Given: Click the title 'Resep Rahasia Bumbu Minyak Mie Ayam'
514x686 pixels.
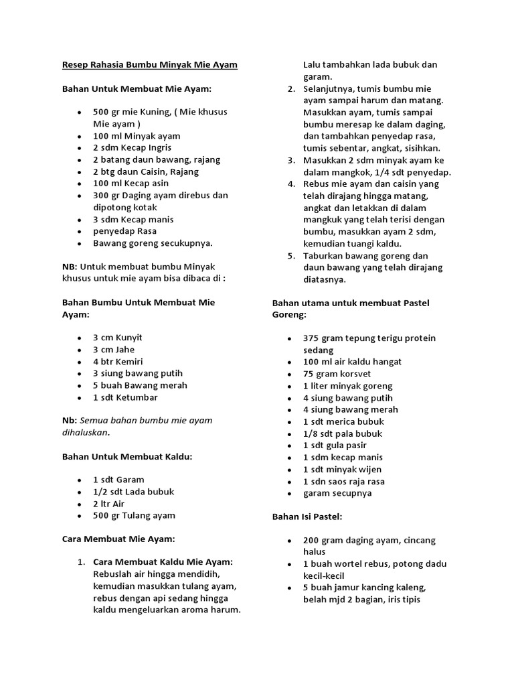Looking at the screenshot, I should tap(150, 65).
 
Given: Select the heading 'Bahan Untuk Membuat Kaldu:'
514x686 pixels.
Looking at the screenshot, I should tap(127, 456).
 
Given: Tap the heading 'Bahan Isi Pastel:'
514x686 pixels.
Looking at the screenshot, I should tap(307, 517).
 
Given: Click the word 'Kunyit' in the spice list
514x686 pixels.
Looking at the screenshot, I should tap(130, 338).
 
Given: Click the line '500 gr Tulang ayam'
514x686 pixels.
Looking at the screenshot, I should tap(134, 515).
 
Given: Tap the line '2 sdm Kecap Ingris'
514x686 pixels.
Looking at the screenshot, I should tap(132, 147).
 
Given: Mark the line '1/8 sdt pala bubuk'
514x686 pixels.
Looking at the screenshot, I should tap(343, 433).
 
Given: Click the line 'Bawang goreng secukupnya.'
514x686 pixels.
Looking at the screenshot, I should tap(153, 243).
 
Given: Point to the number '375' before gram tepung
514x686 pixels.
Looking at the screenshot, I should tap(311, 338).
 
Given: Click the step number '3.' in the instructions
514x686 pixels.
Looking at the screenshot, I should tap(291, 160).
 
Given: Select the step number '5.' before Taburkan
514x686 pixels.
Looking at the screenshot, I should tap(291, 256).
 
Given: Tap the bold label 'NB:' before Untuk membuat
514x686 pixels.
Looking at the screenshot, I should tap(70, 267).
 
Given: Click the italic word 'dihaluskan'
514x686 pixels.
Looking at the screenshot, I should tap(84, 432).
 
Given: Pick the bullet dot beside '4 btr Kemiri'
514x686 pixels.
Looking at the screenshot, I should tap(79, 362).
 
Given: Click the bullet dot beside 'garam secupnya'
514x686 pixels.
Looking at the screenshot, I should tap(289, 493).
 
